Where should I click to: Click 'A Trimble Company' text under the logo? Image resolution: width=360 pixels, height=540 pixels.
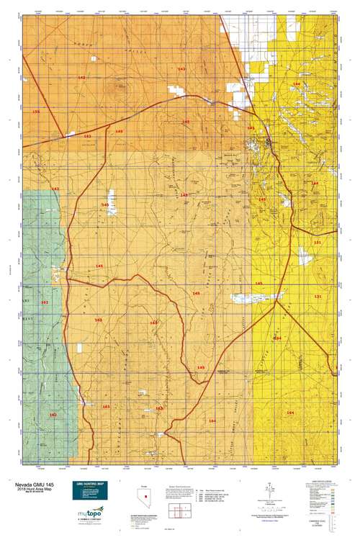point(89,521)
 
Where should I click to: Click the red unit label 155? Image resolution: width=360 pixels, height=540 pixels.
point(36,112)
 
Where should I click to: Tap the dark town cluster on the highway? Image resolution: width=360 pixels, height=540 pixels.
point(268,143)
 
